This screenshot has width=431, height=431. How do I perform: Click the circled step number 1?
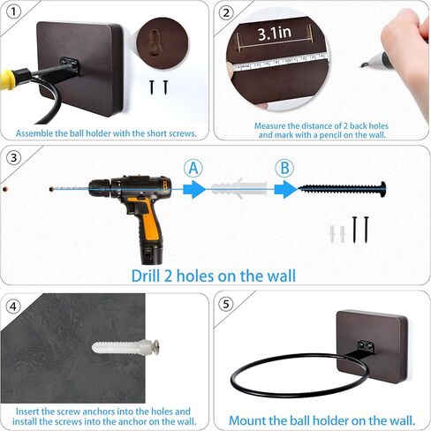coord(13,12)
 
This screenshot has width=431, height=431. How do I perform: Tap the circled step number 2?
coord(226,13)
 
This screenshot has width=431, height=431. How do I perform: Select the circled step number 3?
coord(13,158)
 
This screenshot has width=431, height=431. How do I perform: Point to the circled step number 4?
coord(13,306)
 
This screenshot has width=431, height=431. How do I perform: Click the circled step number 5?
coord(226,304)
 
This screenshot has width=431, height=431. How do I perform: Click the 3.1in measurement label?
coord(275,33)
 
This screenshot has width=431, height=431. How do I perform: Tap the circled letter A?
coord(193,168)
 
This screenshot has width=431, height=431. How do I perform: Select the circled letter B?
coord(284,168)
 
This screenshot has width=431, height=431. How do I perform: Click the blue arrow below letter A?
coord(194,189)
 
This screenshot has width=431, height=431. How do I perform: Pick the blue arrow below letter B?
coord(286,189)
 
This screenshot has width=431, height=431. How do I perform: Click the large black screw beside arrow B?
coord(342,189)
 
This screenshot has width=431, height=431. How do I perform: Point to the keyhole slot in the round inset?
coord(154,42)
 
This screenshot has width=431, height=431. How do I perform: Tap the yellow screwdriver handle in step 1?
coord(7,79)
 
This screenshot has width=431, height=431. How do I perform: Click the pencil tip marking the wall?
coord(361,66)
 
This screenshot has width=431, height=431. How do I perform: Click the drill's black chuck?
coord(100,189)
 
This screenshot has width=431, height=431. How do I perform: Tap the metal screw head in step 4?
coord(155,347)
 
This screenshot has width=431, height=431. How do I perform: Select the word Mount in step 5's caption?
coord(247,420)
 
